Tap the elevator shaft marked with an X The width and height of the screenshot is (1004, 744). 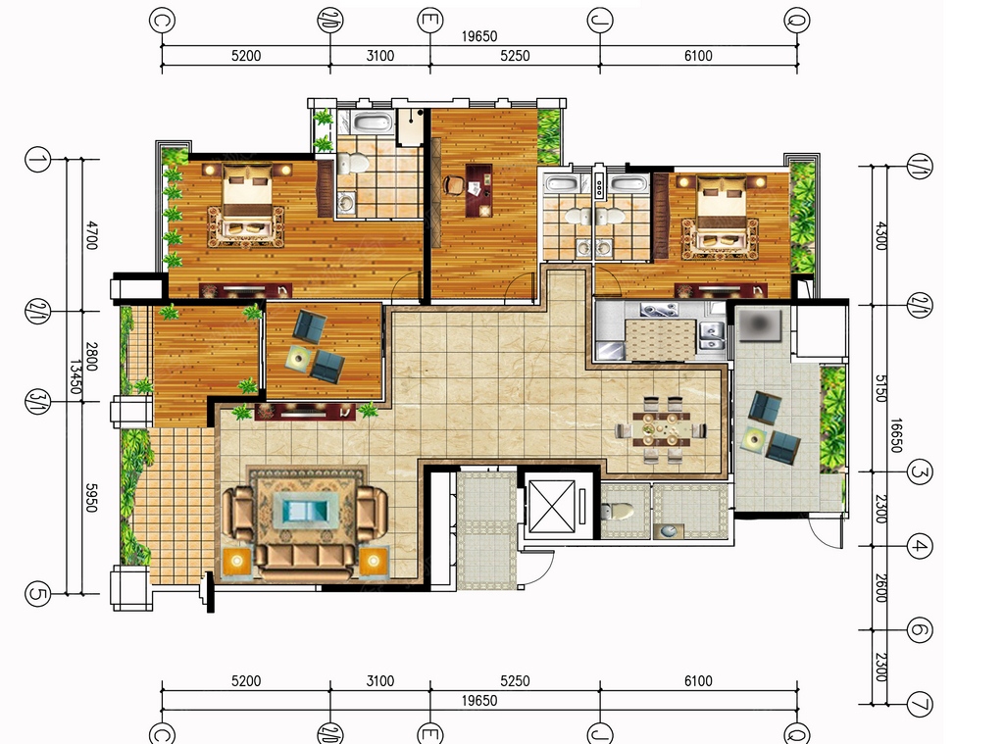[x=553, y=507]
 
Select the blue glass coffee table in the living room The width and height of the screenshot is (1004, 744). [x=307, y=511]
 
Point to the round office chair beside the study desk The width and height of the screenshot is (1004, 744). [x=453, y=184]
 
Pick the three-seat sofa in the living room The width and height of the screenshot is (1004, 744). [x=306, y=562]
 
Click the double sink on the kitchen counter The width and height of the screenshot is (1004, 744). [x=712, y=334]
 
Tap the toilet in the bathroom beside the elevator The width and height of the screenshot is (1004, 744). [x=617, y=511]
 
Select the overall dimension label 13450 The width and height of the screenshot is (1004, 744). [x=75, y=377]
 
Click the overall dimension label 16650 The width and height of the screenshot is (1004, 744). [x=896, y=435]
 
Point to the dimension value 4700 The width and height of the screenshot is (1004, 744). [x=91, y=235]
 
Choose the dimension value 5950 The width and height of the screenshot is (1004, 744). [x=91, y=497]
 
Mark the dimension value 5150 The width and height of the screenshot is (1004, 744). [x=880, y=388]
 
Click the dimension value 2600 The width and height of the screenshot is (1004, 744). [x=880, y=587]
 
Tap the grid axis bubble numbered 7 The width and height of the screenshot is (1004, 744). [x=920, y=705]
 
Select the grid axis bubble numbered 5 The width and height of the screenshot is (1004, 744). [x=37, y=594]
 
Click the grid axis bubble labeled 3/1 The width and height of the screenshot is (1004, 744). [x=36, y=402]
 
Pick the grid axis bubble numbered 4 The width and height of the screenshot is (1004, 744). [x=920, y=546]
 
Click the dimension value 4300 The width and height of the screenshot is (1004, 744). [x=880, y=235]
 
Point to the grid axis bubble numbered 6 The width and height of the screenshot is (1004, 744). [x=920, y=630]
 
